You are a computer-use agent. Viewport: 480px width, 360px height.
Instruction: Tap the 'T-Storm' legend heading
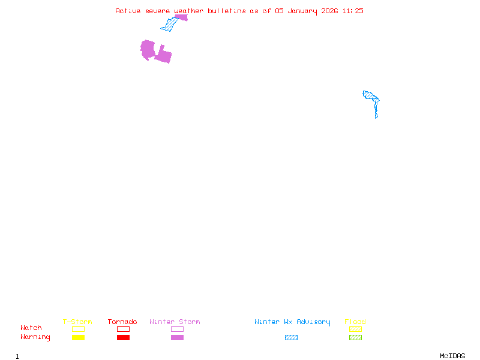pyautogui.click(x=77, y=322)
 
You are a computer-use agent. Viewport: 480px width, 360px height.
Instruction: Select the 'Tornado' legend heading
pyautogui.click(x=122, y=322)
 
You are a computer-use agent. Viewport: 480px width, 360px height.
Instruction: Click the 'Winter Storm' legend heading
pyautogui.click(x=175, y=322)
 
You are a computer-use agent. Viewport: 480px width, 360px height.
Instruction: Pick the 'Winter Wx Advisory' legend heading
pyautogui.click(x=292, y=322)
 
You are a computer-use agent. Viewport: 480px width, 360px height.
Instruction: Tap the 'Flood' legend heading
pyautogui.click(x=355, y=322)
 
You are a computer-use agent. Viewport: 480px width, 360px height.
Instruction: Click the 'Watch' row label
pyautogui.click(x=31, y=328)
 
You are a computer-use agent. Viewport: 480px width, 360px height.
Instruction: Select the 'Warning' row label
pyautogui.click(x=35, y=337)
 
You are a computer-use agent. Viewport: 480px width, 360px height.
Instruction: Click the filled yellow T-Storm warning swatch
pyautogui.click(x=78, y=338)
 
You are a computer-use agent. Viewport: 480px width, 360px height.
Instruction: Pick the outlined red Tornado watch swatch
pyautogui.click(x=123, y=329)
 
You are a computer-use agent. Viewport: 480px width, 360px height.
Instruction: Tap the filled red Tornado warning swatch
pyautogui.click(x=123, y=338)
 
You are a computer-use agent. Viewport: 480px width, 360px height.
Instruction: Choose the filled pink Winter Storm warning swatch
pyautogui.click(x=177, y=338)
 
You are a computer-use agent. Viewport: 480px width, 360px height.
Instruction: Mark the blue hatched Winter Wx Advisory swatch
pyautogui.click(x=291, y=338)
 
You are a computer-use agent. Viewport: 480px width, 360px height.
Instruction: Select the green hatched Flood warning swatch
pyautogui.click(x=355, y=338)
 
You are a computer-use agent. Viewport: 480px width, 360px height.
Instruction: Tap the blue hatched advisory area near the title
pyautogui.click(x=170, y=25)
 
